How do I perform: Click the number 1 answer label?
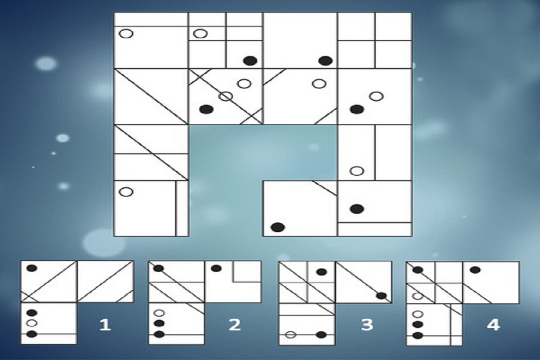pos(105,324)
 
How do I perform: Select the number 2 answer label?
pos(234,324)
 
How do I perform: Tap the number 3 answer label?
pos(367,324)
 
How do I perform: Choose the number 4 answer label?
pos(494,324)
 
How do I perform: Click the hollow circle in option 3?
pos(291,335)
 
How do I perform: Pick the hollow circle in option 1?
pos(31,323)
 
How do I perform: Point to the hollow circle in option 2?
pos(159,313)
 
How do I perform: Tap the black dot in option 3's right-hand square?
pos(382,296)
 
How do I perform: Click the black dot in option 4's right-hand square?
pos(475,270)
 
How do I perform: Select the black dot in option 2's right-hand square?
pos(216,268)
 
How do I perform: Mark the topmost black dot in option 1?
pos(32,268)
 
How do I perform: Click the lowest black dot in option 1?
pos(31,334)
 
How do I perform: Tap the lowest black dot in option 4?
pos(418,335)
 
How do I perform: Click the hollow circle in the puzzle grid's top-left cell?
pos(126,33)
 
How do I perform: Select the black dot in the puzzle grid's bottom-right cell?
pos(357,209)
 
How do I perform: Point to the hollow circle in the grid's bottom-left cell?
pos(126,192)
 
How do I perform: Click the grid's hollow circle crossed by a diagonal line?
pos(225,96)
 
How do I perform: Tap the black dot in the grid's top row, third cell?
pos(325,61)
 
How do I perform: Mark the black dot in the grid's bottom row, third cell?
pos(278,227)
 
